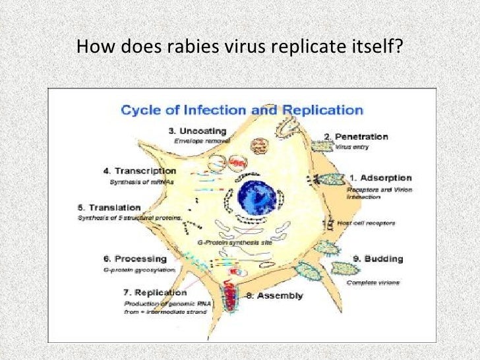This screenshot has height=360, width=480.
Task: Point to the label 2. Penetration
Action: coord(355,136)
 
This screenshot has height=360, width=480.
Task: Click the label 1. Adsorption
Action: coord(380,177)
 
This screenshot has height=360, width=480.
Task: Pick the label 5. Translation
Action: coord(109,207)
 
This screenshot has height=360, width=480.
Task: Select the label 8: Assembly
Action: coord(274,296)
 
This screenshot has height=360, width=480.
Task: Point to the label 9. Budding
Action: coord(374,258)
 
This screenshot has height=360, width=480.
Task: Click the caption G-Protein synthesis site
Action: coord(227,243)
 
